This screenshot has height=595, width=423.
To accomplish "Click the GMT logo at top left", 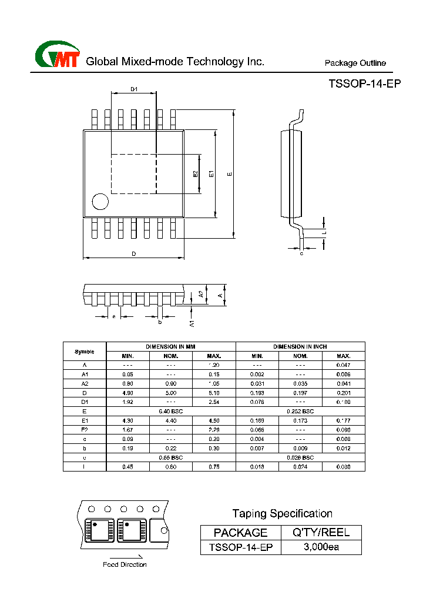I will [x=57, y=56].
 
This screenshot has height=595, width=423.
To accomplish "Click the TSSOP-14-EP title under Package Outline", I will [x=364, y=84].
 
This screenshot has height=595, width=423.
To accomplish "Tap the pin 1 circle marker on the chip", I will [x=100, y=202].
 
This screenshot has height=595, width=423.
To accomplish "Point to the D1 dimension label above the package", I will [x=134, y=89].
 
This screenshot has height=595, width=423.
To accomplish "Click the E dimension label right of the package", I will [x=230, y=174].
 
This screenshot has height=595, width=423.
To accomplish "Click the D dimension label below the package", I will [x=133, y=254].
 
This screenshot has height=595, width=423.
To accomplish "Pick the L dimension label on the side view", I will [x=324, y=233].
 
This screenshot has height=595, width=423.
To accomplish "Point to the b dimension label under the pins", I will [x=159, y=322].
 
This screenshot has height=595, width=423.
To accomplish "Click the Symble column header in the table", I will [x=85, y=352].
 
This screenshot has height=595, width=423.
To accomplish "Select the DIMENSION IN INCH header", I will [x=300, y=347].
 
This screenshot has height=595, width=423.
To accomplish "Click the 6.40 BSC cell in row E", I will [x=171, y=411].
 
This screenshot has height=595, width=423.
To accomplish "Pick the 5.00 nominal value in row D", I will [x=171, y=392].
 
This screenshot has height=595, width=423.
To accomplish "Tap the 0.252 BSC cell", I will [x=300, y=411].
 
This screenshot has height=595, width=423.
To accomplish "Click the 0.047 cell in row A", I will [x=343, y=365].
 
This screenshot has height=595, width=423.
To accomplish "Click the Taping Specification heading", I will [x=282, y=513].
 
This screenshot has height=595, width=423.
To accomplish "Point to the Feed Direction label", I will [x=125, y=564].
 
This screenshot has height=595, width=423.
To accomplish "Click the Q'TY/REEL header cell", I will [x=321, y=533].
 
